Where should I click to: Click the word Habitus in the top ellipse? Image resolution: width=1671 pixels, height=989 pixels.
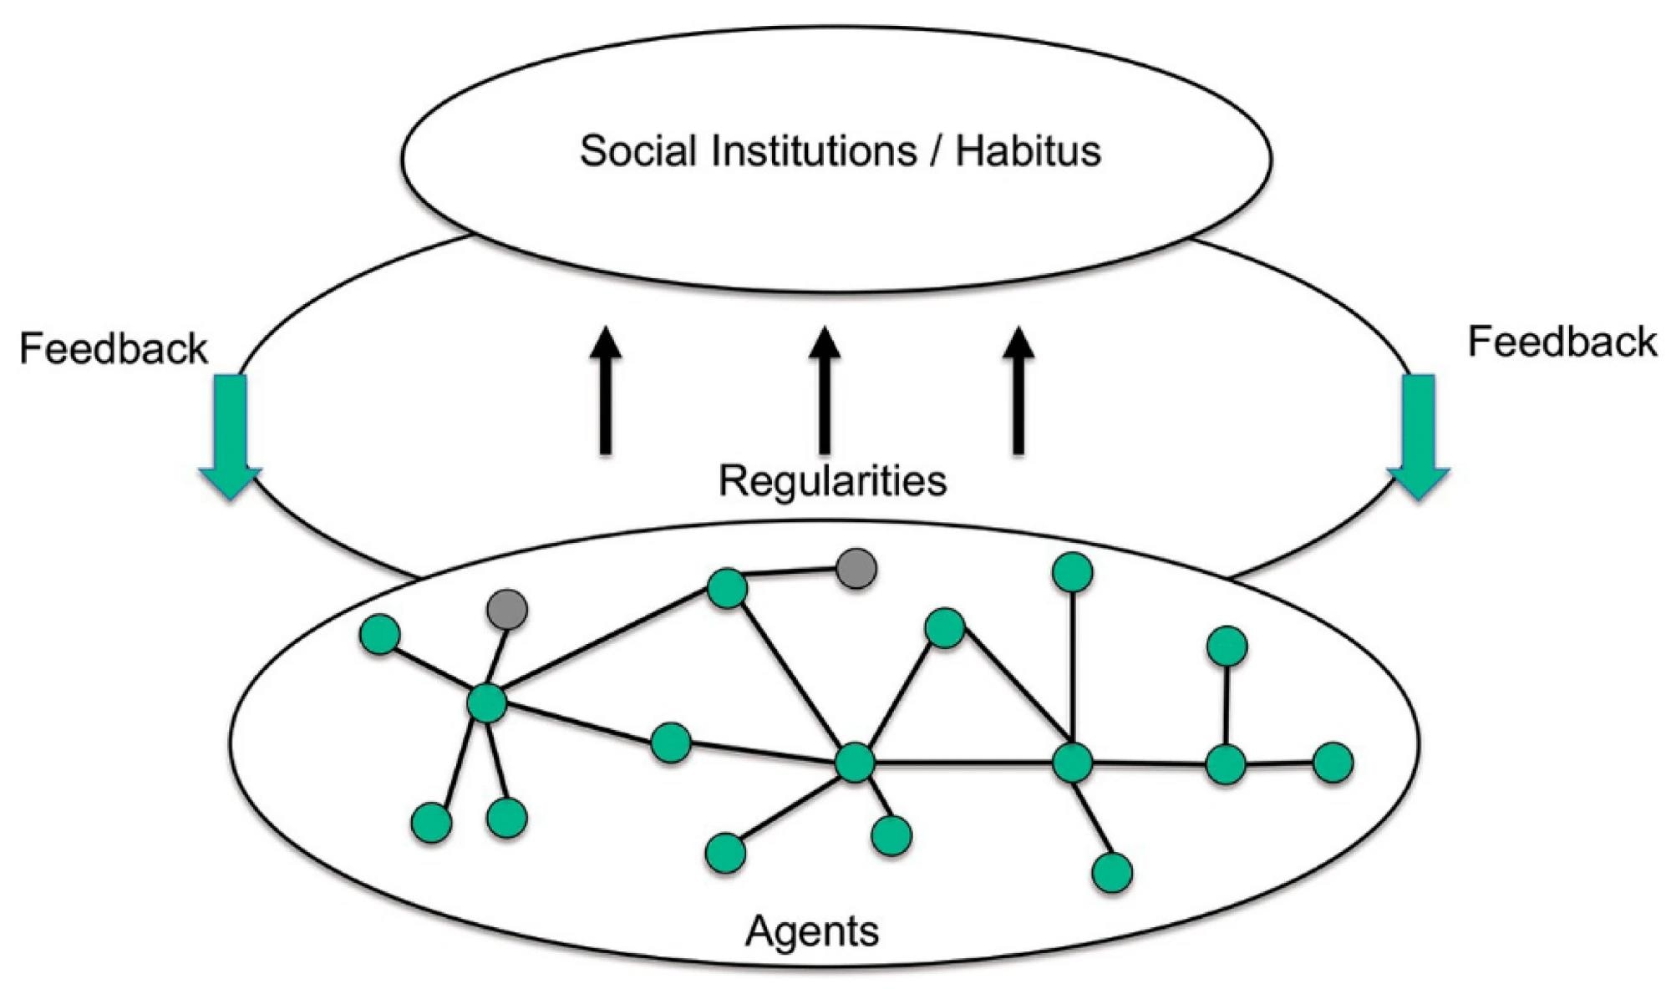1029,151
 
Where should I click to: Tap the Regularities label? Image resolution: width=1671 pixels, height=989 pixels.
833,481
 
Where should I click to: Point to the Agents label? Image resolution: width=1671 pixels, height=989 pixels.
812,931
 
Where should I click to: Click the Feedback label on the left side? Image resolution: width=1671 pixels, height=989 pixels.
114,348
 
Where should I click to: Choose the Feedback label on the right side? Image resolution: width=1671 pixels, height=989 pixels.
1562,342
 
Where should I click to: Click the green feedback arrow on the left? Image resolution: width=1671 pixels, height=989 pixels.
231,437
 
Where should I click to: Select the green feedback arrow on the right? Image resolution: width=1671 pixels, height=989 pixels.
1418,437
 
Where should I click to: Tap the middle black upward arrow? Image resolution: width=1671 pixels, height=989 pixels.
825,390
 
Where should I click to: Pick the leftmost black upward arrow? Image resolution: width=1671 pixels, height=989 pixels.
606,390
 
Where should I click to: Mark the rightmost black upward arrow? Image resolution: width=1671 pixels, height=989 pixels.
1018,390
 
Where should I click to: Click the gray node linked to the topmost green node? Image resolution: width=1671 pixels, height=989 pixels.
856,569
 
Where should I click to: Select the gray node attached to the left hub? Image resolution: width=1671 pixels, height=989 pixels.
507,609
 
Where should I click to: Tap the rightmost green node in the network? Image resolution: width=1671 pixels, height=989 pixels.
1333,763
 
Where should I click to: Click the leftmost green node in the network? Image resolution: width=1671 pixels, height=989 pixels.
380,635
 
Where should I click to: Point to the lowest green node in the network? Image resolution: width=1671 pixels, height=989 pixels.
1112,872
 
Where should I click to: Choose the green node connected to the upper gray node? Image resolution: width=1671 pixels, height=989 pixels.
727,589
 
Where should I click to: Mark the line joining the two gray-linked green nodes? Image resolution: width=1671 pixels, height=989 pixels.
607,647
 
